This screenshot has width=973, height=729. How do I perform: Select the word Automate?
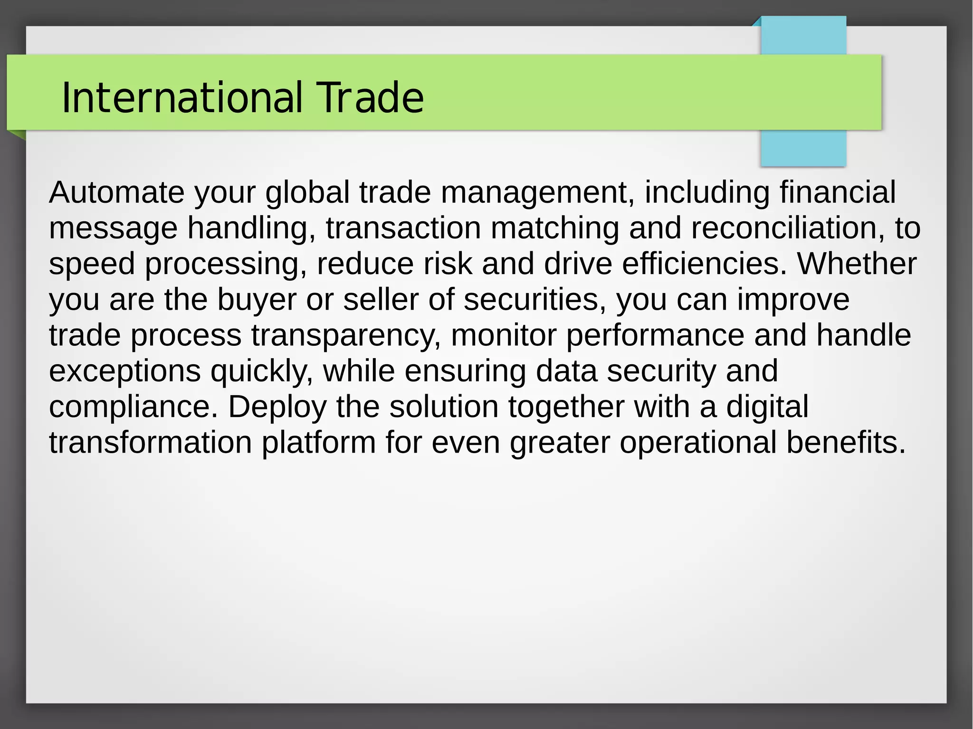(116, 192)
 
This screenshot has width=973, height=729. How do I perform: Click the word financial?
(837, 192)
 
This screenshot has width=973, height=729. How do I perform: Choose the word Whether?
(857, 264)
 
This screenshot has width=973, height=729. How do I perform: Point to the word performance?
(655, 335)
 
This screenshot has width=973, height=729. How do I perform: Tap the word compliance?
(133, 407)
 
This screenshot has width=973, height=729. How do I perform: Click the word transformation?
(150, 443)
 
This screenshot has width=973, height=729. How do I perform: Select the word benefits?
(846, 443)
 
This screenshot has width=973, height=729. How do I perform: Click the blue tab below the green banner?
(803, 148)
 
